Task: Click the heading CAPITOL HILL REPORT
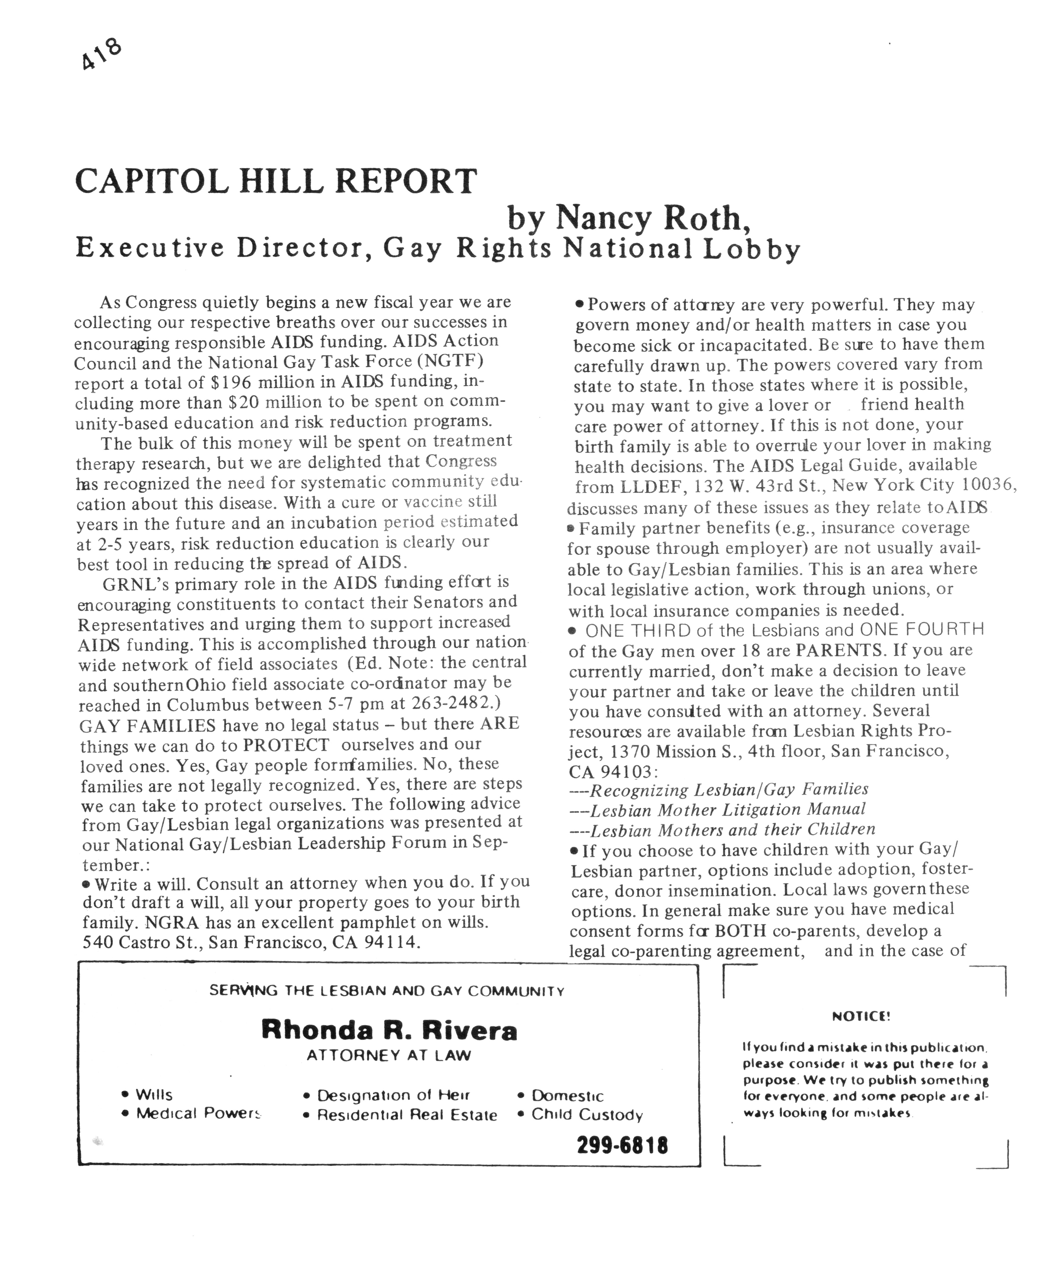click(275, 181)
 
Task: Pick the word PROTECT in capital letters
click(286, 745)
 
